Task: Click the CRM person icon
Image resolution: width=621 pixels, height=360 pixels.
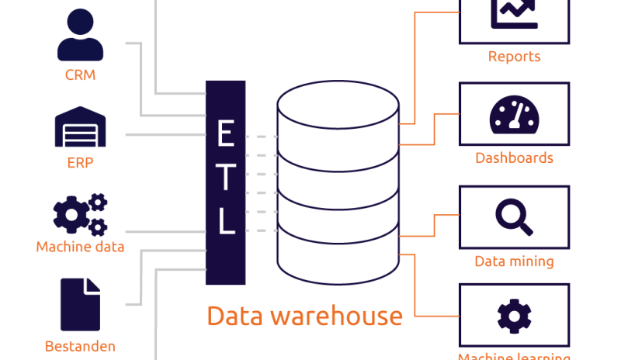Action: click(80, 36)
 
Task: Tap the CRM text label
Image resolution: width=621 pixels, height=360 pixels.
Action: click(80, 76)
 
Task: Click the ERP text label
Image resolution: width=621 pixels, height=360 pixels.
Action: click(80, 164)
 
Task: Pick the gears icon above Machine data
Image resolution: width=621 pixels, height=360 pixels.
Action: click(80, 215)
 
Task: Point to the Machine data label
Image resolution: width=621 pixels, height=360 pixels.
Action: click(80, 247)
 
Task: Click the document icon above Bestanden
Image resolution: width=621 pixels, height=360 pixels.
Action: click(80, 304)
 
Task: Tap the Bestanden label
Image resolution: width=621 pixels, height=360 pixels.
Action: click(80, 346)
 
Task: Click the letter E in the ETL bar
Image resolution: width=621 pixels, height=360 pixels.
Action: click(225, 134)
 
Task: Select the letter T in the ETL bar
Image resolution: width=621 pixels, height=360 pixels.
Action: click(225, 178)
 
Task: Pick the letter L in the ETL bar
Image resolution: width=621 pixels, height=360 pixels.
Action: click(225, 220)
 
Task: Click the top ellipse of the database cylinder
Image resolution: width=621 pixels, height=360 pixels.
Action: click(338, 104)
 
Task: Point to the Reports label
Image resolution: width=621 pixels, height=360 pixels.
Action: click(514, 57)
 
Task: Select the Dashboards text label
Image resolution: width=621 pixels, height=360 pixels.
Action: click(514, 158)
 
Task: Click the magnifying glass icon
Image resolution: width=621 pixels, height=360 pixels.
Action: click(514, 216)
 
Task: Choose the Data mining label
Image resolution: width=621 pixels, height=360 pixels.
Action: click(514, 261)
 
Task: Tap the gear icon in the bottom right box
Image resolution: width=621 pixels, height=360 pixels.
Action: click(514, 316)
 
